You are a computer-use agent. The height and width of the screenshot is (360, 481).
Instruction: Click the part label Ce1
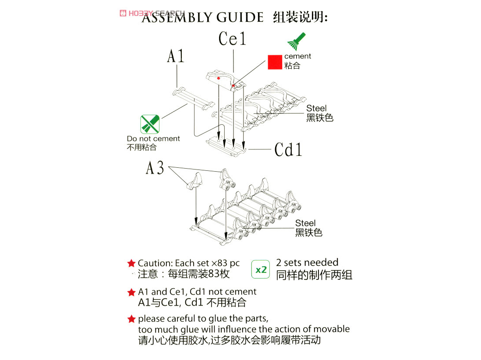[232, 39]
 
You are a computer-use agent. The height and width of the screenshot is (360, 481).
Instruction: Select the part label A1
[176, 56]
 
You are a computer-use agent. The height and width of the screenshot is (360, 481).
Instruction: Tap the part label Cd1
[288, 150]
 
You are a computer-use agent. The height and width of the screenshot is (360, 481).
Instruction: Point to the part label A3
[155, 168]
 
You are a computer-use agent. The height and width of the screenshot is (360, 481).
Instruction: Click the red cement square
[275, 62]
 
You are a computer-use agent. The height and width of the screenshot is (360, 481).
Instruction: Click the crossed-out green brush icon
[149, 124]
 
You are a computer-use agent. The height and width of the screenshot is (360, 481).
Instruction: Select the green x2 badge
[260, 269]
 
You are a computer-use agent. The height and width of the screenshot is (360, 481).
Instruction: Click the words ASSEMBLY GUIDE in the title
[202, 18]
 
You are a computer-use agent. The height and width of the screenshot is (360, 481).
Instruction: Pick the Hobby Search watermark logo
[152, 13]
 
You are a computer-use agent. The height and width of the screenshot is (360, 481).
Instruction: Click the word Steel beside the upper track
[316, 108]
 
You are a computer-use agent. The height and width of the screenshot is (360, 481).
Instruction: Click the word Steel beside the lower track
[305, 223]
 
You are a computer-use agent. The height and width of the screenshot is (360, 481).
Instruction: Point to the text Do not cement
[153, 139]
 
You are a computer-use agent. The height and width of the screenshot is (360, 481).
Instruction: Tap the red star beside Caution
[131, 263]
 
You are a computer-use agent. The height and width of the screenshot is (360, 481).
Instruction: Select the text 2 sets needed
[307, 262]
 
